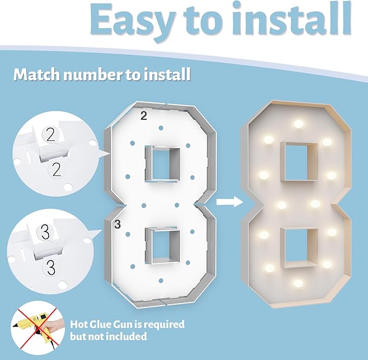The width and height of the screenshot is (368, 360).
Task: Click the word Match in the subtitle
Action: coord(37,74)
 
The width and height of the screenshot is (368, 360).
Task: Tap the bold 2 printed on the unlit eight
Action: coord(144,116)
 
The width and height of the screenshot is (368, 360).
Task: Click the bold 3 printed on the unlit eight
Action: coord(118,224)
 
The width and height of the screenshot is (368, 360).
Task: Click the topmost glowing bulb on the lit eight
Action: coord(299,124)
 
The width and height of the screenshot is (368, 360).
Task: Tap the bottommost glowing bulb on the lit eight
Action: coord(298,283)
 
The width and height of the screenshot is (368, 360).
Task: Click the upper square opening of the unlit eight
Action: coord(162,164)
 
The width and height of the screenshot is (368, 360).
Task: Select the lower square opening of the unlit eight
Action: coord(163,246)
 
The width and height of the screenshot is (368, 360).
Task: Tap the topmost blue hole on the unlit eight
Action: coord(161,128)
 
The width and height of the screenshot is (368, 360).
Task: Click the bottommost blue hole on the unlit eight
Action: coord(161,281)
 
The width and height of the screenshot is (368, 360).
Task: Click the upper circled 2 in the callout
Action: coord(50,134)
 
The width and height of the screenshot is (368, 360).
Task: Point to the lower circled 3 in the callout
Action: coord(51,267)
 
